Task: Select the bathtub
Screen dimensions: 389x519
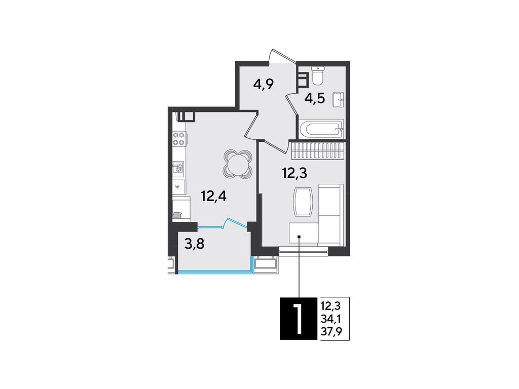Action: (x=321, y=129)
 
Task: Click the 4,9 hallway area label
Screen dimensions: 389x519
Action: (x=264, y=84)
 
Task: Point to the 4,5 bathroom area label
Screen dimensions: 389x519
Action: (x=314, y=98)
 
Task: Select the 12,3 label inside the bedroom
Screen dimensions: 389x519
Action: (x=294, y=174)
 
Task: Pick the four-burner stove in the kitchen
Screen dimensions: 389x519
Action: (x=178, y=139)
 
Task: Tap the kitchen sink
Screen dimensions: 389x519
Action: (x=178, y=168)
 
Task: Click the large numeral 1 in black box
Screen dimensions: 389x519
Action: (x=299, y=318)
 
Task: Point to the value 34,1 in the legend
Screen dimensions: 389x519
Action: (x=331, y=319)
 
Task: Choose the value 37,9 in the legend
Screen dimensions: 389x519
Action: (x=331, y=331)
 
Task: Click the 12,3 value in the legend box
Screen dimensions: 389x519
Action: (x=331, y=306)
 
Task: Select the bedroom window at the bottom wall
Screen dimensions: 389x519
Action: (x=303, y=250)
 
